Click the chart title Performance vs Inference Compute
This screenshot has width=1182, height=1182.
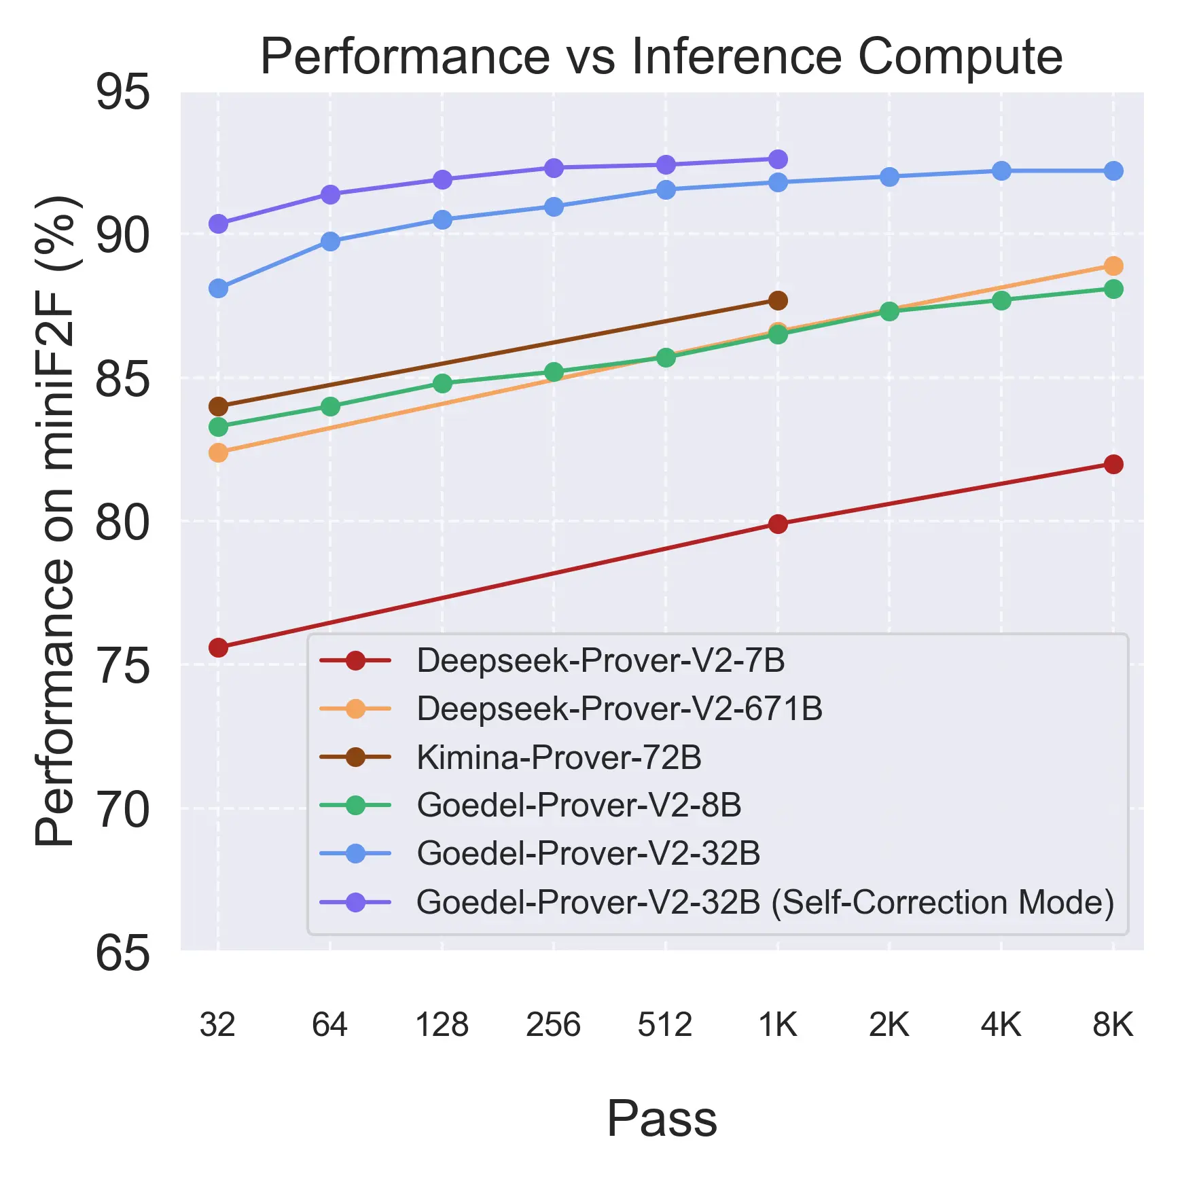661,56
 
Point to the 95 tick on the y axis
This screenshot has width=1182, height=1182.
123,92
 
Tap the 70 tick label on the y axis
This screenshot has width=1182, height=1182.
123,810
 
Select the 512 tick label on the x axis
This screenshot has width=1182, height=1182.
664,1024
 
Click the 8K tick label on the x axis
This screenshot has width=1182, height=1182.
1113,1024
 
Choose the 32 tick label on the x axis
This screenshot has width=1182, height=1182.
217,1024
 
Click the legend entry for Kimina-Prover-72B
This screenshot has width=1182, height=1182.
558,757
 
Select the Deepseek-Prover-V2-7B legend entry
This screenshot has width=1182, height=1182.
601,660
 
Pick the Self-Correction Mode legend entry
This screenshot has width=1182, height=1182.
765,902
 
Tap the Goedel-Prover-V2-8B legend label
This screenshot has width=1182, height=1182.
579,805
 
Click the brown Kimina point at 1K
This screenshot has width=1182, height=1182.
778,300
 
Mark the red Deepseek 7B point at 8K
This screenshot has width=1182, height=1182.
1113,465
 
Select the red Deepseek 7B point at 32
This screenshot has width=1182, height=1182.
218,647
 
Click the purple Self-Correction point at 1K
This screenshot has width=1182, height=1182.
778,159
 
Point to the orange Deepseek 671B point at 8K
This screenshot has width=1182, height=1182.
1113,266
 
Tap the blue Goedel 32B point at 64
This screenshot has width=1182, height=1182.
330,241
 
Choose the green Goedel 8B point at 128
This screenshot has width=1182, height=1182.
442,384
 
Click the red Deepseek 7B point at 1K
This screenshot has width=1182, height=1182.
778,524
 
